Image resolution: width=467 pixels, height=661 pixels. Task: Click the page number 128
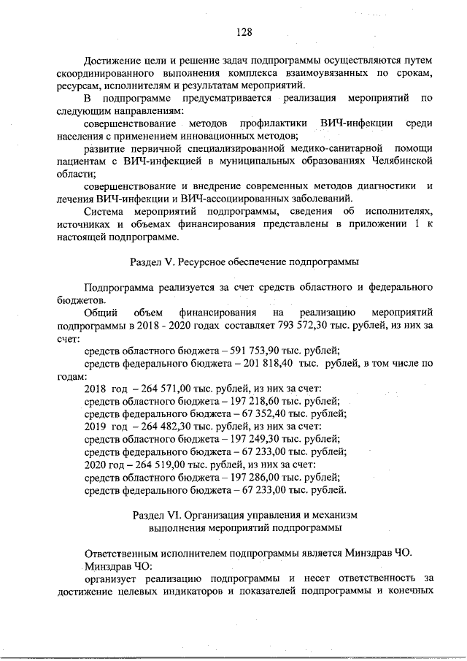[244, 32]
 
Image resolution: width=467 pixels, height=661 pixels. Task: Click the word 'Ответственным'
[122, 553]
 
